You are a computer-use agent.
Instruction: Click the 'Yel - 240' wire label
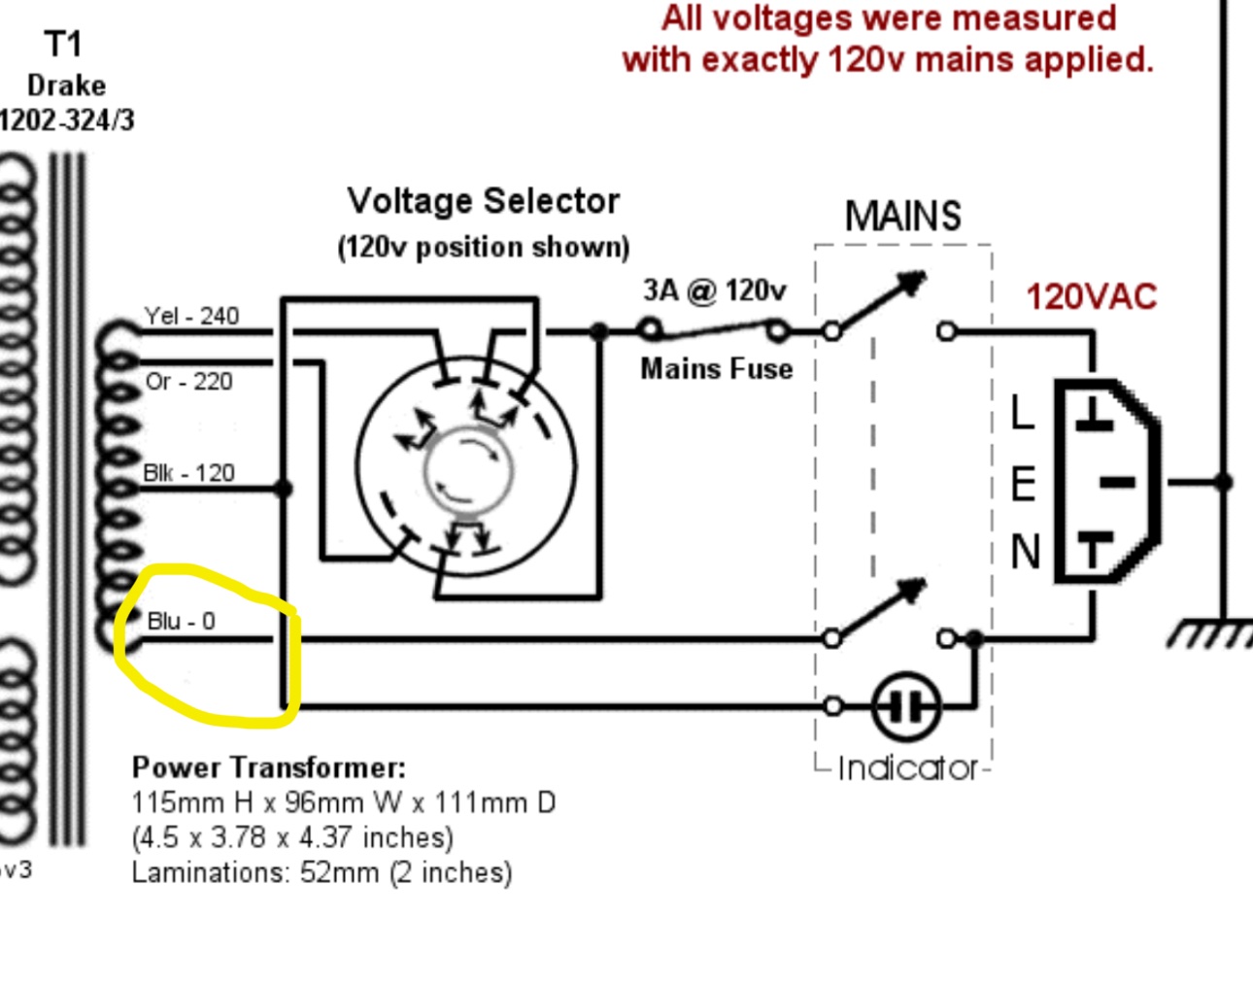coord(191,316)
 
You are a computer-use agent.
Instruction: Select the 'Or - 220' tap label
coord(188,382)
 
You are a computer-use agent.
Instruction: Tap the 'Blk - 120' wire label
coord(188,473)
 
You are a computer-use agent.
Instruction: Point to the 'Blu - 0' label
coord(181,621)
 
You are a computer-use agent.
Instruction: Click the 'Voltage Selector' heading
coord(483,201)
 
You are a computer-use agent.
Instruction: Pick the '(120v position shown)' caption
coord(483,247)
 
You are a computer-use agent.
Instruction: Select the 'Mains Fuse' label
coord(716,369)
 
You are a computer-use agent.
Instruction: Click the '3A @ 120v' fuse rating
coord(714,290)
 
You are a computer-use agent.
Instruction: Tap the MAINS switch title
coord(902,216)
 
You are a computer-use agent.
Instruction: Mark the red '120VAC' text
coord(1091,297)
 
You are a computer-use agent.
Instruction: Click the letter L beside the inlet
coord(1022,412)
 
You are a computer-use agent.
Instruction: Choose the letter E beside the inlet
coord(1023,484)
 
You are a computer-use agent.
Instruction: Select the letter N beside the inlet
coord(1025,552)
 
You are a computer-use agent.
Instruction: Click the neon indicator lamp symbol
coord(905,706)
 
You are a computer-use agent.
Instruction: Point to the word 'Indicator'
coord(907,768)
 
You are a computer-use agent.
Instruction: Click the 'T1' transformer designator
coord(63,44)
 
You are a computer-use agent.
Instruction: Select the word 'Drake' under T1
coord(66,85)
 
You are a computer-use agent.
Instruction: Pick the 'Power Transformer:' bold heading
coord(268,767)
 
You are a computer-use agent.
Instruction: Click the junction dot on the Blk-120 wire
coord(284,488)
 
